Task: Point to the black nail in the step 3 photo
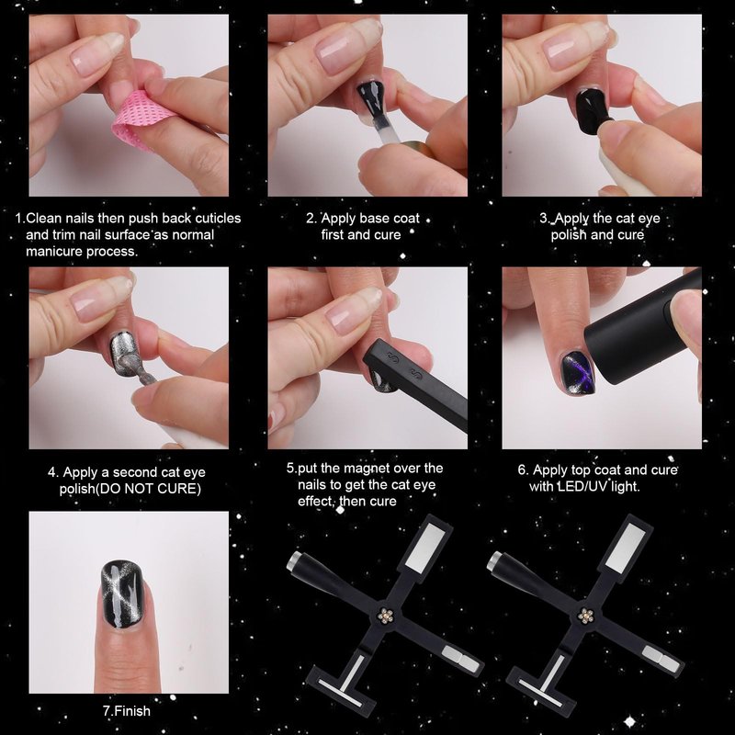(x=592, y=110)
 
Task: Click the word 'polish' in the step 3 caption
(x=569, y=235)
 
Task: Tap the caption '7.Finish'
(x=127, y=711)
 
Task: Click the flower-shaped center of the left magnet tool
(x=385, y=616)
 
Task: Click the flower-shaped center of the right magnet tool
(x=585, y=616)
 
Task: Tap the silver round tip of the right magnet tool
(x=495, y=560)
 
